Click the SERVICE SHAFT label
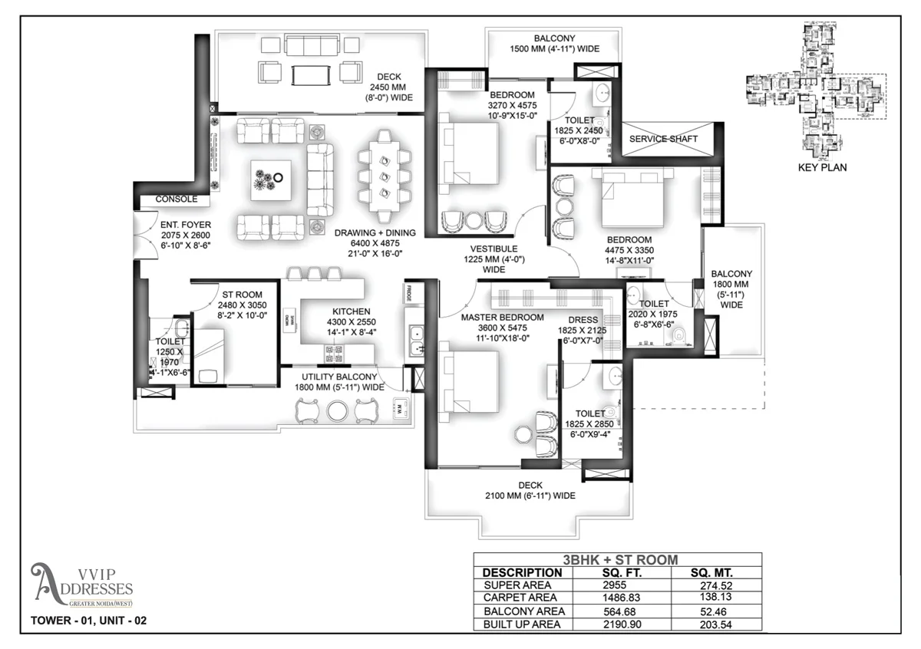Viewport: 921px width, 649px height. (663, 139)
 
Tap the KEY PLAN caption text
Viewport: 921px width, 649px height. (822, 167)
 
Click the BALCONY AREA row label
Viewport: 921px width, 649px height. (524, 611)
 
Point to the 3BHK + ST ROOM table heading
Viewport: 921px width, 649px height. (617, 560)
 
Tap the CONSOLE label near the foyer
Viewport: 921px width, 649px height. (177, 199)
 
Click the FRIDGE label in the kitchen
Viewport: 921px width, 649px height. (410, 292)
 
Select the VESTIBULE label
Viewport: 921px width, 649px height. (494, 249)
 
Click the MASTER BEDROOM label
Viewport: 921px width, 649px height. (502, 317)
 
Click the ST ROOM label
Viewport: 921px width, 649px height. (242, 295)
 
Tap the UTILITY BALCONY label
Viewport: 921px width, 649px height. (338, 377)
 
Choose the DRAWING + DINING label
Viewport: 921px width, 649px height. (375, 232)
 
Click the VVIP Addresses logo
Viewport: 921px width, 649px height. (81, 585)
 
